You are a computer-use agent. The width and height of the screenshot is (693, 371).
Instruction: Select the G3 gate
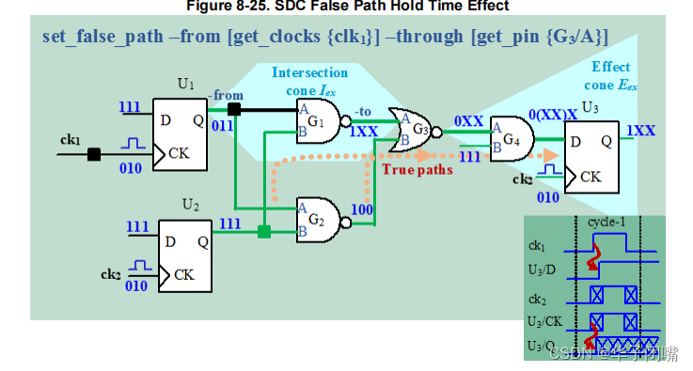coord(416,130)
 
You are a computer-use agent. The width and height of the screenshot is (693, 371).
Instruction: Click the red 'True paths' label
coord(417,169)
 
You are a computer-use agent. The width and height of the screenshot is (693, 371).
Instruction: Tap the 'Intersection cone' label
coord(309,80)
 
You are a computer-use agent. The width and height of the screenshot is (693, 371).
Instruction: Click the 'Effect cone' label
coord(612,75)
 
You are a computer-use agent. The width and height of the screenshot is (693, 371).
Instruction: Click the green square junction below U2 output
coord(264,231)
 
